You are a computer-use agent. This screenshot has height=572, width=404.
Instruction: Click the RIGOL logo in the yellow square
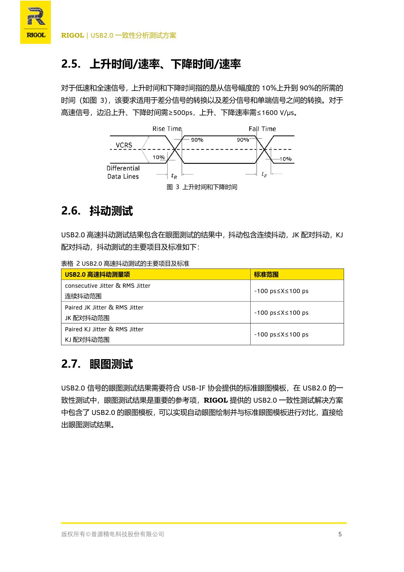35,22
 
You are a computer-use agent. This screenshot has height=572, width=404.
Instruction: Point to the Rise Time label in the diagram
167,129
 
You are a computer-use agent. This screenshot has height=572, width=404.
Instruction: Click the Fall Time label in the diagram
262,129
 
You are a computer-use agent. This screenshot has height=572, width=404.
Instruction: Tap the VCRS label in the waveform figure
124,145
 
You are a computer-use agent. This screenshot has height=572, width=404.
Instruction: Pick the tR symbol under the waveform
174,176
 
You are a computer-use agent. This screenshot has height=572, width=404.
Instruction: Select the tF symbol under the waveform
264,175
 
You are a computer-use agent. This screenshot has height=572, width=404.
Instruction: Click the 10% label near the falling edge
285,159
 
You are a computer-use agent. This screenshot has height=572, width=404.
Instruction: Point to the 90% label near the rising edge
197,140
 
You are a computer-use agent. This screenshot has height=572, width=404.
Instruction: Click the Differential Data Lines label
123,172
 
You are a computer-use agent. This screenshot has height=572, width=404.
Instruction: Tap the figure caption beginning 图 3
202,187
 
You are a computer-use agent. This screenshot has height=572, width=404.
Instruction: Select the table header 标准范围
266,275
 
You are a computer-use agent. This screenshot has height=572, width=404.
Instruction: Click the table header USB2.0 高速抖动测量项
97,275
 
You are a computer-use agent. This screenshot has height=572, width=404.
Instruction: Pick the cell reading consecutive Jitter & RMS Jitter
107,286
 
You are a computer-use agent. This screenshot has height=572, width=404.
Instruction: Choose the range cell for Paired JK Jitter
281,313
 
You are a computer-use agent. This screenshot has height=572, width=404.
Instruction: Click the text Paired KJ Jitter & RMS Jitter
104,329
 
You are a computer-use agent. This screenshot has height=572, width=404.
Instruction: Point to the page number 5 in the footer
340,534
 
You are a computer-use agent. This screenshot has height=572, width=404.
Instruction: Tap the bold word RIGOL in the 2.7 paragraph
216,400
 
